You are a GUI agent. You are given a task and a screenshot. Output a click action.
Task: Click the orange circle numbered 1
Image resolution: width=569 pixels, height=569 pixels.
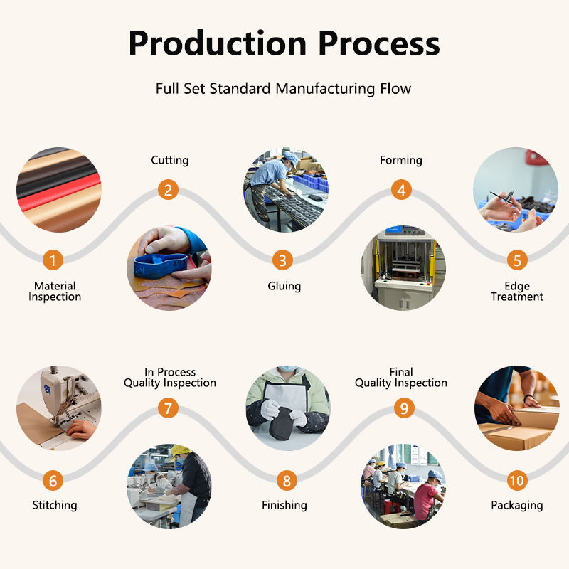[x=53, y=260]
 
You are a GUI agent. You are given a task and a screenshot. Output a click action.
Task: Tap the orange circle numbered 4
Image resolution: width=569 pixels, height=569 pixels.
[x=401, y=190]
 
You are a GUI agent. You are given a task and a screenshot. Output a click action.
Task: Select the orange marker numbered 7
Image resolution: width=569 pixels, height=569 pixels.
[x=168, y=408]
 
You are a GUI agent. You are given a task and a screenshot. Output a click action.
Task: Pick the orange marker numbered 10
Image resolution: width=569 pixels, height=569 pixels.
[x=517, y=481]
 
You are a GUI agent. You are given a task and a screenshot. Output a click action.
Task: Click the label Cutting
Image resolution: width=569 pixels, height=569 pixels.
[x=170, y=160]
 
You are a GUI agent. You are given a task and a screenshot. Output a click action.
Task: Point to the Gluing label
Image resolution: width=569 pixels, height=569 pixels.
[x=284, y=287]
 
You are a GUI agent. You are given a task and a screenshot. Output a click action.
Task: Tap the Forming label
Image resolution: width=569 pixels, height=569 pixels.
[x=401, y=160]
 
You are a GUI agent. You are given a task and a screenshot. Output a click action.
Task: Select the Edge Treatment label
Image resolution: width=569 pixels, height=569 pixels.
[x=517, y=292]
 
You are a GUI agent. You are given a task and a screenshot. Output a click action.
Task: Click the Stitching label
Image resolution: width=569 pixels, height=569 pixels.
[x=55, y=505]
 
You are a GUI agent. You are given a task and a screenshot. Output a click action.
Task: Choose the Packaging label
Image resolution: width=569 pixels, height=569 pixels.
[x=517, y=505]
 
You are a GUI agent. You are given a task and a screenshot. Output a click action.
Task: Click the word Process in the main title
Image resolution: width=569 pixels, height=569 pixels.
[x=379, y=43]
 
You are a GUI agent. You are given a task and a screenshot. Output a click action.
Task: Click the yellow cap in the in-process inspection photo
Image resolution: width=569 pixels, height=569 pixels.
[x=180, y=451]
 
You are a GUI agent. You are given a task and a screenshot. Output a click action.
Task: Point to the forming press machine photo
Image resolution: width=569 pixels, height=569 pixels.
[x=403, y=268]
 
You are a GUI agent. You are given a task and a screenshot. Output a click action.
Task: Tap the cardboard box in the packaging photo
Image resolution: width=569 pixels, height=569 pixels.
[x=520, y=428]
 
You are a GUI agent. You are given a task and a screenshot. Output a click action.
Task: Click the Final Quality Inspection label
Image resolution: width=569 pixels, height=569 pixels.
[x=401, y=378]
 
